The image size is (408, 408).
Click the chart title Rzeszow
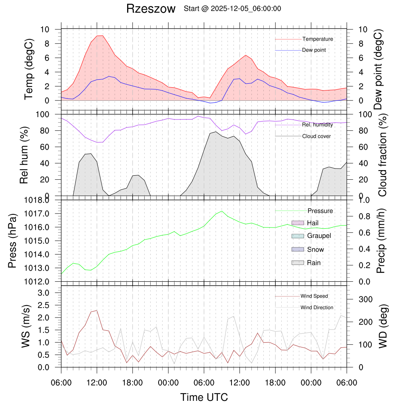pyautogui.click(x=151, y=9)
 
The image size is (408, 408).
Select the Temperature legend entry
pyautogui.click(x=318, y=39)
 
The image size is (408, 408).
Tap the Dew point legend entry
pyautogui.click(x=314, y=50)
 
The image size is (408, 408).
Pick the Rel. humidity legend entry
pyautogui.click(x=318, y=125)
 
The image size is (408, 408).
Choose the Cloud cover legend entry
pyautogui.click(x=316, y=136)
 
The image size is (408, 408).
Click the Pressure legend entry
pyautogui.click(x=320, y=211)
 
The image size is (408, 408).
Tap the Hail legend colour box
pyautogui.click(x=298, y=223)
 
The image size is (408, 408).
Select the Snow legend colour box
pyautogui.click(x=298, y=249)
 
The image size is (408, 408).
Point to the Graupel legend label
pyautogui.click(x=319, y=236)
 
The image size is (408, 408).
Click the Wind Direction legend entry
pyautogui.click(x=317, y=308)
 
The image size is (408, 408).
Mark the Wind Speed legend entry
pyautogui.click(x=314, y=296)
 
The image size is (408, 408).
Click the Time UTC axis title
pyautogui.click(x=204, y=397)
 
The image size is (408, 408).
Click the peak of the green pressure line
pyautogui.click(x=222, y=211)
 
